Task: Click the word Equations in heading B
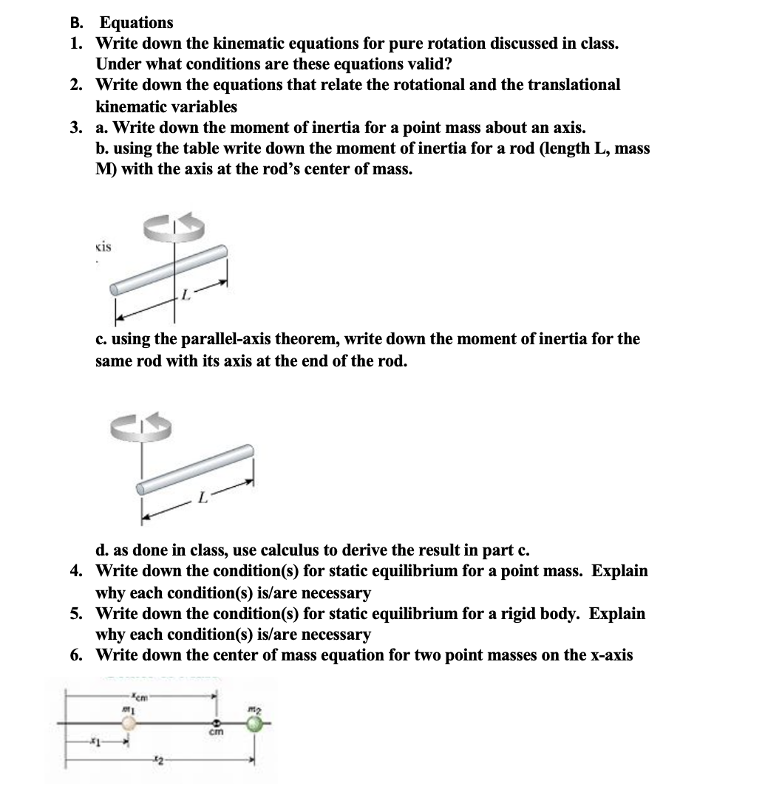(x=136, y=22)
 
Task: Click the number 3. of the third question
(x=77, y=127)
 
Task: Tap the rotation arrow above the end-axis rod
(x=140, y=426)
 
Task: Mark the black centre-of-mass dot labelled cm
(x=216, y=725)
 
